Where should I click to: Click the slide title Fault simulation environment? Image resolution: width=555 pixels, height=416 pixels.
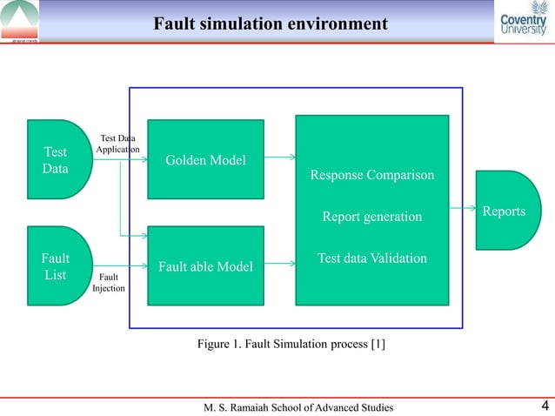[270, 23]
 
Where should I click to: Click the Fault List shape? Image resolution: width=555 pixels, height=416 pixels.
[57, 266]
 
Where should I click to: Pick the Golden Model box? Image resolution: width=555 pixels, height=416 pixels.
[205, 160]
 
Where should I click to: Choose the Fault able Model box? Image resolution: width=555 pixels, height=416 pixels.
[205, 266]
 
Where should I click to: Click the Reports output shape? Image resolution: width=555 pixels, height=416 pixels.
[507, 211]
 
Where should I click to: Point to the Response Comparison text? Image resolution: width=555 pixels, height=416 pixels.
[371, 176]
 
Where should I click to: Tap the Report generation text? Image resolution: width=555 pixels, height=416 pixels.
[371, 217]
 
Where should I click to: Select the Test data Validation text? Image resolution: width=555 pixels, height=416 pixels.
[371, 258]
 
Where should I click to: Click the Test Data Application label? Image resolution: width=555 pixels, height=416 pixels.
[117, 144]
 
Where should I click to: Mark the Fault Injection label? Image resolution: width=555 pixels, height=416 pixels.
[110, 283]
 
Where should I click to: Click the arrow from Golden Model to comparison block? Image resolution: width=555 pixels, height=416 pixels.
[279, 158]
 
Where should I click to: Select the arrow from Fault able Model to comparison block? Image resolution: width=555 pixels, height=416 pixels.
[279, 262]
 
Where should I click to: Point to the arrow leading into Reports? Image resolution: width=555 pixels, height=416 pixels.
[462, 210]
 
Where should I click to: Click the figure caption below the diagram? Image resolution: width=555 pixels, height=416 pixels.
[291, 345]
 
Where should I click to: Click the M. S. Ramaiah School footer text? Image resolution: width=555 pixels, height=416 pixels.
[298, 406]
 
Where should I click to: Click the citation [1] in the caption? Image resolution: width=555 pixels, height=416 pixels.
[378, 345]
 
